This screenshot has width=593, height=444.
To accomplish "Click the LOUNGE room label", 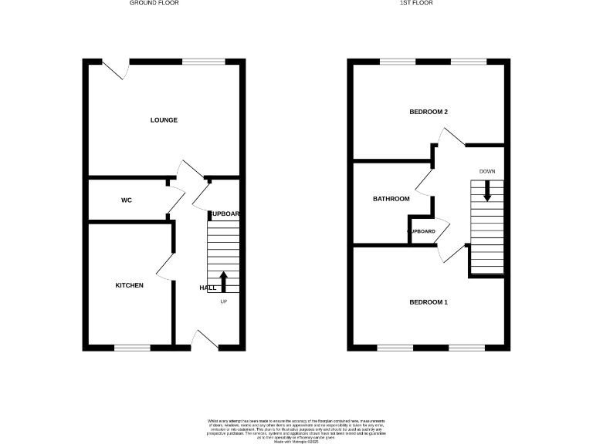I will click(164, 120).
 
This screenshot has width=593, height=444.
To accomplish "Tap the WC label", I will click(127, 200).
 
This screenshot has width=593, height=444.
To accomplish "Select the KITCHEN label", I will click(130, 286).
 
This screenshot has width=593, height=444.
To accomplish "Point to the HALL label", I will click(208, 288).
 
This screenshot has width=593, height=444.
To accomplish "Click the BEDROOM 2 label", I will click(429, 113).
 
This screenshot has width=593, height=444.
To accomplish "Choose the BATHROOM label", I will click(391, 199).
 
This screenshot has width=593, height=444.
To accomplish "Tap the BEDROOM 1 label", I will click(429, 302).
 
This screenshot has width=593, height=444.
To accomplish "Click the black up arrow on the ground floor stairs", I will click(224, 281).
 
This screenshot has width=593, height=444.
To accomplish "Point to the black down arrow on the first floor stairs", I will click(486, 191).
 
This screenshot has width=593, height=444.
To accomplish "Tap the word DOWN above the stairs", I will click(486, 171).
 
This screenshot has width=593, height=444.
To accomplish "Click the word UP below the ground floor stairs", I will click(224, 301).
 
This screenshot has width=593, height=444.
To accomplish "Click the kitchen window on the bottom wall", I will click(132, 348).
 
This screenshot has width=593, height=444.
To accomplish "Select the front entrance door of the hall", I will click(204, 340).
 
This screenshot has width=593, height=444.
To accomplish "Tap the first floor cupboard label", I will click(421, 231).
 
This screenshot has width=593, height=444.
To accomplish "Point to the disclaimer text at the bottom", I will click(296, 429).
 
